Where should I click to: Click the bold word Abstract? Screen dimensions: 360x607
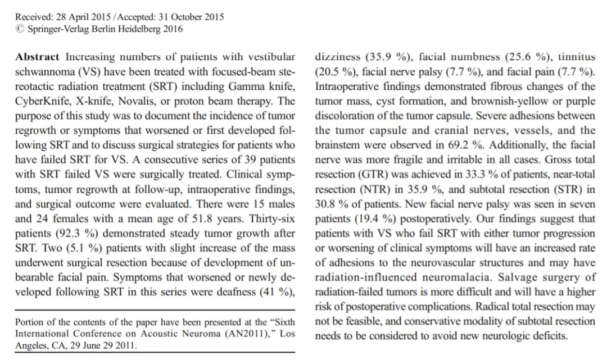(37, 57)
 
